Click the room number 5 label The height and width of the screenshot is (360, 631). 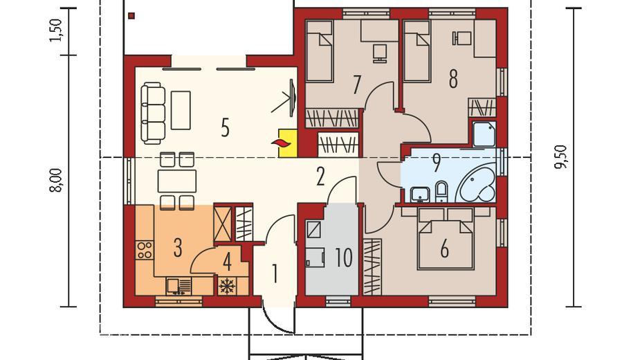point(226,127)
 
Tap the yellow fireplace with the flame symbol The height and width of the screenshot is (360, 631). point(287,143)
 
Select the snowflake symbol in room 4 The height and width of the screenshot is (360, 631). point(228,286)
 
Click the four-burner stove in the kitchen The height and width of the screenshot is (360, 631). point(144,250)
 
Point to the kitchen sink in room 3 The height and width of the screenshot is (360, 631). point(179,287)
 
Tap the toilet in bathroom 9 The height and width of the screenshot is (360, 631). point(441,192)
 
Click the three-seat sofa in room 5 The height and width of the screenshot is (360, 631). point(153,113)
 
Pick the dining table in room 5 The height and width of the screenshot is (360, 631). point(177,181)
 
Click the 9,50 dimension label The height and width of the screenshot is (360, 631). point(561,157)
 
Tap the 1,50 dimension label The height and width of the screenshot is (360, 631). point(55,30)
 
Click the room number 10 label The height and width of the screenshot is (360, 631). point(344,258)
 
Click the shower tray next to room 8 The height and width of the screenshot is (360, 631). point(484,134)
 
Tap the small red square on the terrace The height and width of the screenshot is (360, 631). point(131,16)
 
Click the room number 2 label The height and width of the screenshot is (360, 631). point(320,177)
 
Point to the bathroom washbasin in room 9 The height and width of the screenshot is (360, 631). point(420,195)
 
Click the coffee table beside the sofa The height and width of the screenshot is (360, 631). point(181,110)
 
